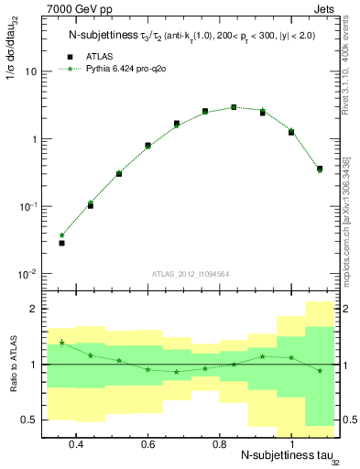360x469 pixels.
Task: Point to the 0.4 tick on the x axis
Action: [x=76, y=442]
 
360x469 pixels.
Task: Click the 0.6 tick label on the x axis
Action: [x=147, y=442]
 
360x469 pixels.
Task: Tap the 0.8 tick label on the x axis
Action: [x=219, y=442]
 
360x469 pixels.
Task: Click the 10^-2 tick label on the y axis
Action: [x=27, y=274]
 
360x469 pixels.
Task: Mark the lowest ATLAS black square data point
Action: [x=62, y=243]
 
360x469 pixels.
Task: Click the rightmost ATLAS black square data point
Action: [x=319, y=169]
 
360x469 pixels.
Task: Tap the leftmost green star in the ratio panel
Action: [x=62, y=343]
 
